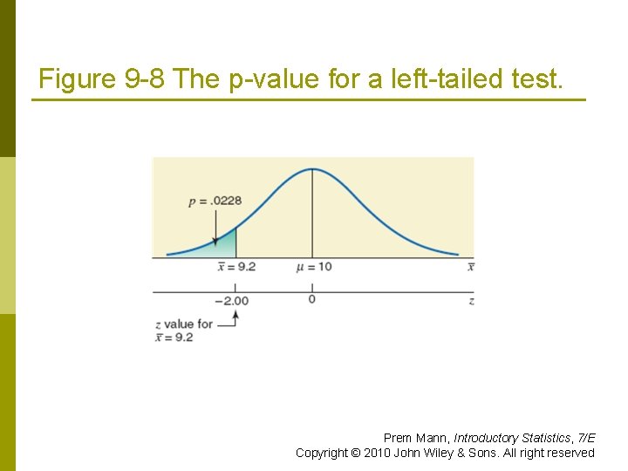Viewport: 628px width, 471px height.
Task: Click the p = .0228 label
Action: click(215, 201)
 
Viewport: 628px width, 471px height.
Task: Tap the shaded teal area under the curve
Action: click(225, 246)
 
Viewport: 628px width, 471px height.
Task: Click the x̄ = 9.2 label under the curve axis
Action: click(235, 266)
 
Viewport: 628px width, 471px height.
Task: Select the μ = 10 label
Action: click(314, 266)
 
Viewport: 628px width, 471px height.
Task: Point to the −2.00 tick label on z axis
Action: click(232, 301)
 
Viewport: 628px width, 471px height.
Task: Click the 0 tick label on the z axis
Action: click(311, 300)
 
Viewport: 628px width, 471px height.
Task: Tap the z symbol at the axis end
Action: click(471, 301)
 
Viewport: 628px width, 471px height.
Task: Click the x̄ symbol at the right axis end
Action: click(470, 266)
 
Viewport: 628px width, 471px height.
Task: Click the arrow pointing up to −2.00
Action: click(233, 319)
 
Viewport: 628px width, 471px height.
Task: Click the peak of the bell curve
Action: click(312, 169)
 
